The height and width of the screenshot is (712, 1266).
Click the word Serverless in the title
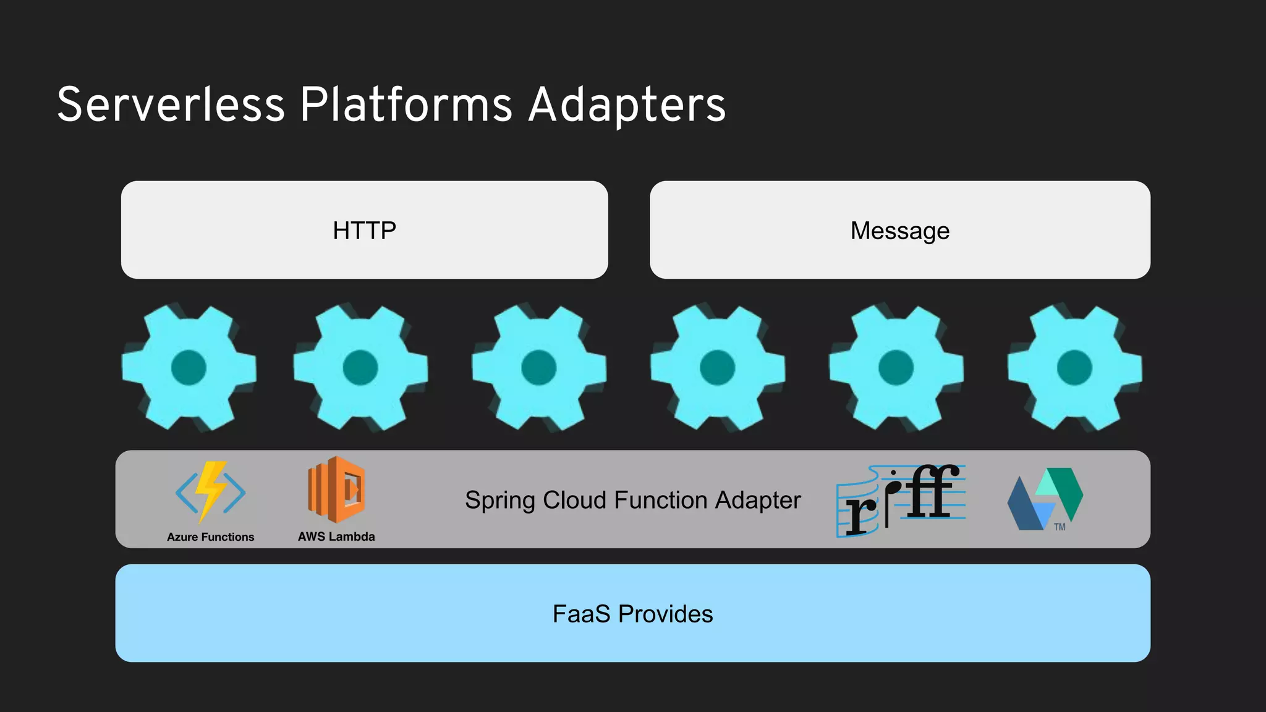point(171,105)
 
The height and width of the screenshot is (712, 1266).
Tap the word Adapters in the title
point(627,105)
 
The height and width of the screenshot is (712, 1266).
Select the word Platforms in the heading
point(406,105)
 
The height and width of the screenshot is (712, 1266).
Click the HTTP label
point(364,231)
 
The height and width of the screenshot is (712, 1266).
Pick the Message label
point(899,231)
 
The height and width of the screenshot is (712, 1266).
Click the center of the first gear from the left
point(189,367)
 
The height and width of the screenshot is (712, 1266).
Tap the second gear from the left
point(360,367)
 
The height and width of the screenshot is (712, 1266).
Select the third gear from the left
point(538,367)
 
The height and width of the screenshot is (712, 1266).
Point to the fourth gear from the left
point(717,367)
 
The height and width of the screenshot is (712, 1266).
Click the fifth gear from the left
point(896,367)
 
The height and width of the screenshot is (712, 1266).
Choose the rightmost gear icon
point(1074,367)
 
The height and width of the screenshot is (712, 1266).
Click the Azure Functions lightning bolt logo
point(210,492)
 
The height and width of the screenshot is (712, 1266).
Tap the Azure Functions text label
point(210,537)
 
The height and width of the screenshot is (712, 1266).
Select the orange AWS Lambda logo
point(336,489)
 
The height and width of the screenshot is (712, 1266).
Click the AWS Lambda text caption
point(336,536)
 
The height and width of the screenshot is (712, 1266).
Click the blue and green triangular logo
point(1044,498)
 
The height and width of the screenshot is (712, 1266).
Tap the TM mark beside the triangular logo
point(1060,527)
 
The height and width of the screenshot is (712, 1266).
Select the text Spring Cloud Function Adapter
point(632,500)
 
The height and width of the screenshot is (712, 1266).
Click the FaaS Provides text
point(632,614)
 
